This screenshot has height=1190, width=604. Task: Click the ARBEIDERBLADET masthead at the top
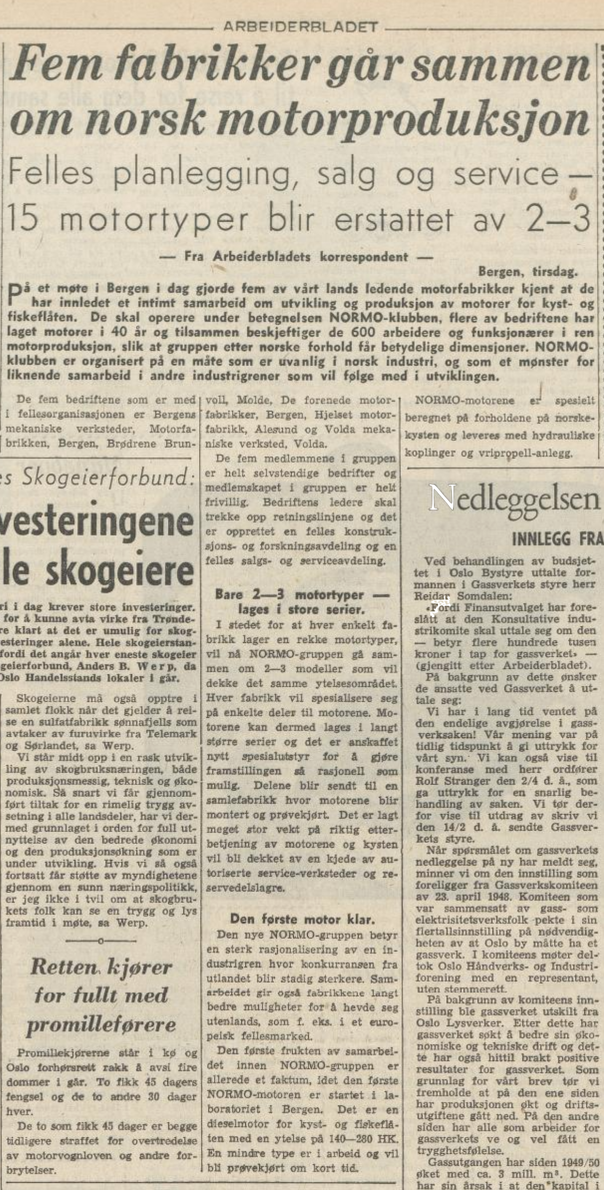(300, 26)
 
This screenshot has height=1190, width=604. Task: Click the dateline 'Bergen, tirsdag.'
(528, 271)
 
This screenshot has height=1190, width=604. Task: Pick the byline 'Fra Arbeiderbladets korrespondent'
(297, 257)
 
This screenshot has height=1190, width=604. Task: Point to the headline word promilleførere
(102, 1024)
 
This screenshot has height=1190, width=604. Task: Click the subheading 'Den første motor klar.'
(303, 919)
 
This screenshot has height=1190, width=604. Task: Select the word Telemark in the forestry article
(173, 733)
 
